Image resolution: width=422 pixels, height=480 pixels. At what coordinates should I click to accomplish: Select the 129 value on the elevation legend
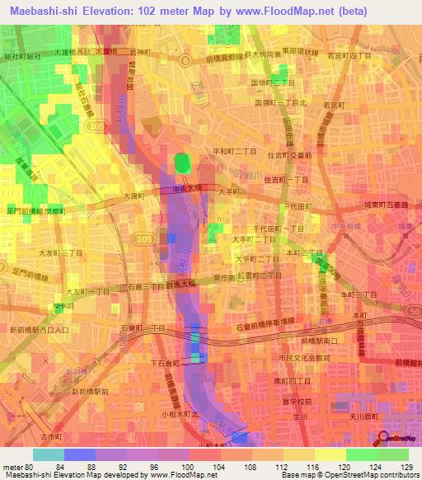point(406,468)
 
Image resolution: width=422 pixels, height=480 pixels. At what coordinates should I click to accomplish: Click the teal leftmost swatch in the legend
point(48,454)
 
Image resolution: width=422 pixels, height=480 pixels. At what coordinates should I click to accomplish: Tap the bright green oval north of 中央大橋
point(182,163)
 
